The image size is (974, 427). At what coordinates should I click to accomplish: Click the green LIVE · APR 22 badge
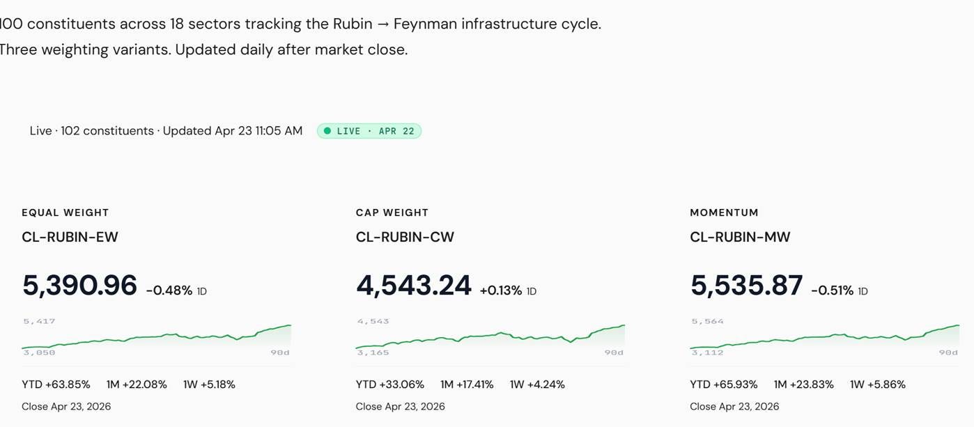click(x=369, y=131)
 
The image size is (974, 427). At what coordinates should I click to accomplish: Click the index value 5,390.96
click(x=79, y=286)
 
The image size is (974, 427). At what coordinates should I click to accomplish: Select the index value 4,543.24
click(x=413, y=286)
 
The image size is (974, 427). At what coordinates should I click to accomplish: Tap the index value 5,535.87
click(x=746, y=286)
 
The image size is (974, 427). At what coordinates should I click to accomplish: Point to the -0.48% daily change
click(x=169, y=290)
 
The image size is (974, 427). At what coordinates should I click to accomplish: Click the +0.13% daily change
click(x=501, y=290)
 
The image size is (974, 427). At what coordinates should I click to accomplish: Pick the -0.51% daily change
click(x=833, y=290)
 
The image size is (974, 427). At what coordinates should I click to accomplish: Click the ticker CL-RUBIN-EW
click(x=70, y=237)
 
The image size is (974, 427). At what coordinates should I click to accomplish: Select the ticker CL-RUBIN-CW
click(x=405, y=237)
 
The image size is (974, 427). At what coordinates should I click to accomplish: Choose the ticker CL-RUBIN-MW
click(x=740, y=237)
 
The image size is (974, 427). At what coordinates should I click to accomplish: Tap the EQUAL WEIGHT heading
click(x=65, y=212)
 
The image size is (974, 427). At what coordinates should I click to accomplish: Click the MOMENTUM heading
click(x=724, y=212)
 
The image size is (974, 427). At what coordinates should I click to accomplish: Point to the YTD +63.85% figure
click(x=56, y=385)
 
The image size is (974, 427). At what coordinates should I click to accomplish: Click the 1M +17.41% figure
click(x=467, y=385)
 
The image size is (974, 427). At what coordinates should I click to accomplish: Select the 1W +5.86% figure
click(x=878, y=385)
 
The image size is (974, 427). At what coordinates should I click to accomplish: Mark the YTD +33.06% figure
click(x=390, y=385)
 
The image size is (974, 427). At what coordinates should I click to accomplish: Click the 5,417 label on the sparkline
click(x=39, y=321)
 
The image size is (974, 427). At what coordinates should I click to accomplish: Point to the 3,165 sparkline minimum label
click(x=373, y=352)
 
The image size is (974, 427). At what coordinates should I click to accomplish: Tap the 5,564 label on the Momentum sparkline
click(x=707, y=321)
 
